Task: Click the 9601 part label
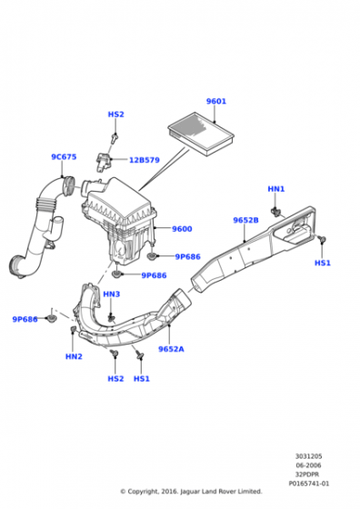coord(216,101)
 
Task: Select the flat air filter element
coord(201,134)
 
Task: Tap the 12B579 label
coord(145,160)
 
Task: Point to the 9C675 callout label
coord(64,156)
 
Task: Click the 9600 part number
coord(182,229)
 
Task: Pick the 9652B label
coord(245,220)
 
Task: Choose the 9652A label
coord(171,349)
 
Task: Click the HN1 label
coord(276,189)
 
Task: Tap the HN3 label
coord(111,294)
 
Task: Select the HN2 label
coord(74,356)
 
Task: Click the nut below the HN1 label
coord(275,212)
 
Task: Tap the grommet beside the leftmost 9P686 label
coord(52,318)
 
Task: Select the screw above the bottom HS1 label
coord(140,354)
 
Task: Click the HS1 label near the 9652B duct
coord(323,263)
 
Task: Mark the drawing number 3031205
coord(308,456)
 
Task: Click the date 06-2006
coord(308,465)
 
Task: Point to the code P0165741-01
coord(309,484)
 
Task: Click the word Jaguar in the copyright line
coord(190,492)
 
